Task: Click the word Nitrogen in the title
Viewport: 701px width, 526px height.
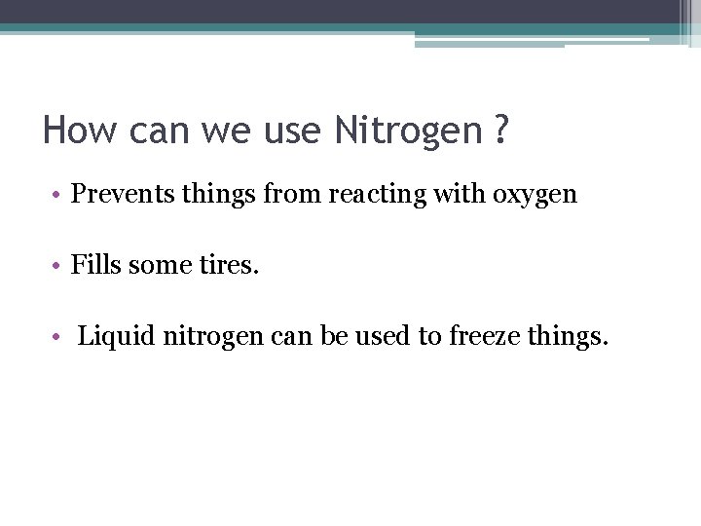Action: [x=408, y=131]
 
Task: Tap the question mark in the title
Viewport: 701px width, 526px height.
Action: [x=500, y=129]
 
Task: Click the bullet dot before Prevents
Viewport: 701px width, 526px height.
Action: [x=58, y=196]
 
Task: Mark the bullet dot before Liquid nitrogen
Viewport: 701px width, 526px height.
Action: [x=58, y=339]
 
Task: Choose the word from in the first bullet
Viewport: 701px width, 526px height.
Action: [x=296, y=195]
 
